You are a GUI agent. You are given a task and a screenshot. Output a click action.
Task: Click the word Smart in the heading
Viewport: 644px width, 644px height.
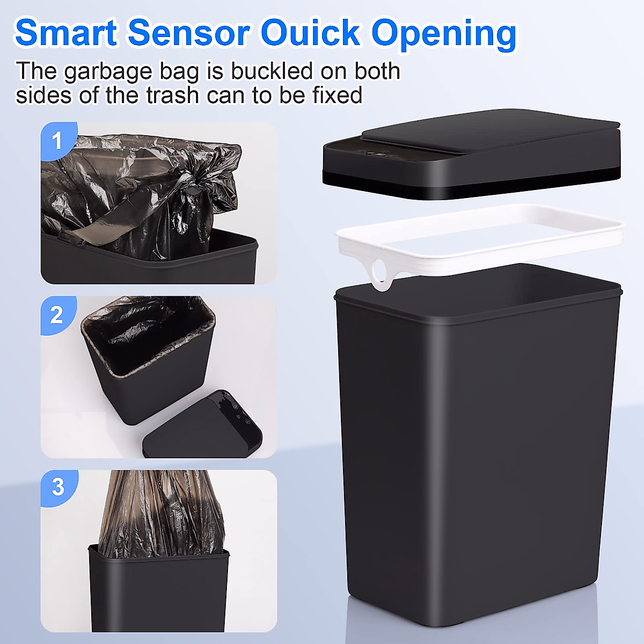pos(66,33)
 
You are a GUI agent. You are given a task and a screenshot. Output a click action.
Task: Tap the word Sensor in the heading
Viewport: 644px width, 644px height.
pos(189,33)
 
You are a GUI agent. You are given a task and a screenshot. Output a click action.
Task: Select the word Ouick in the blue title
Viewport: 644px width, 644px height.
pos(310,33)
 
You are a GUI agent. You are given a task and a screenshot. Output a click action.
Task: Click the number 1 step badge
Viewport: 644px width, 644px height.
pos(57,141)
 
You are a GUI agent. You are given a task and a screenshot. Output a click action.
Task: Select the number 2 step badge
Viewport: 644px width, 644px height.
pos(57,315)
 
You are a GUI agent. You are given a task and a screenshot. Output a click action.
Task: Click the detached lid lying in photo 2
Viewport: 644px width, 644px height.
pos(204,429)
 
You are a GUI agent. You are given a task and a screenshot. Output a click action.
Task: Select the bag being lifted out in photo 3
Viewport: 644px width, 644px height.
pos(161,515)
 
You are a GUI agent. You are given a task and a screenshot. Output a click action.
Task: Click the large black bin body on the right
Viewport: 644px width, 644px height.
pos(478,456)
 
